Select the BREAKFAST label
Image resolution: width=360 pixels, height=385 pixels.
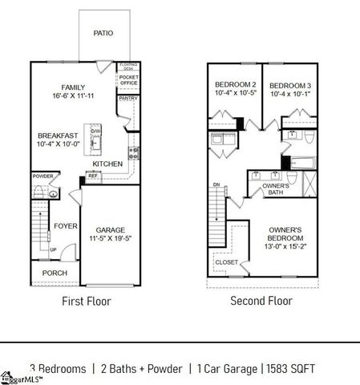(x=59, y=135)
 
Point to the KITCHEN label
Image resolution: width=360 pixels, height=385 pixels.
(x=107, y=164)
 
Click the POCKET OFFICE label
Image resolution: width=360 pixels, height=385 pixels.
(x=128, y=81)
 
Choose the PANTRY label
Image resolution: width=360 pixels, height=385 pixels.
(x=128, y=98)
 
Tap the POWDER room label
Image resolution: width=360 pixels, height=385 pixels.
(x=42, y=176)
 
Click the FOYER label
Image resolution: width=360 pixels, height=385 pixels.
(x=65, y=226)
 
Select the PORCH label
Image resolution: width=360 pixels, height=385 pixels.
(x=55, y=273)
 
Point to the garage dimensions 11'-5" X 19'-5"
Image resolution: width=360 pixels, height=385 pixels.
(x=110, y=238)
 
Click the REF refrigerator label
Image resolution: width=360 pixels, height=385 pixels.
(x=93, y=176)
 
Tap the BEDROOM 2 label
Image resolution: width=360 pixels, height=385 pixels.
(x=235, y=85)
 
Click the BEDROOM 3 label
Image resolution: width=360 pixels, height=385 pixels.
(x=289, y=85)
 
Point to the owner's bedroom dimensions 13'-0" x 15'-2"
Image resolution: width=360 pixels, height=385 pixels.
(x=286, y=247)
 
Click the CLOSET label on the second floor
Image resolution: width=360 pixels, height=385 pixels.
(x=226, y=262)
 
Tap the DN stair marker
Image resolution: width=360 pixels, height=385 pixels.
(x=215, y=185)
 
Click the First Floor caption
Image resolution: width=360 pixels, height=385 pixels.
(x=86, y=302)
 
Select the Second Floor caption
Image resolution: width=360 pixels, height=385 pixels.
(x=261, y=302)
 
